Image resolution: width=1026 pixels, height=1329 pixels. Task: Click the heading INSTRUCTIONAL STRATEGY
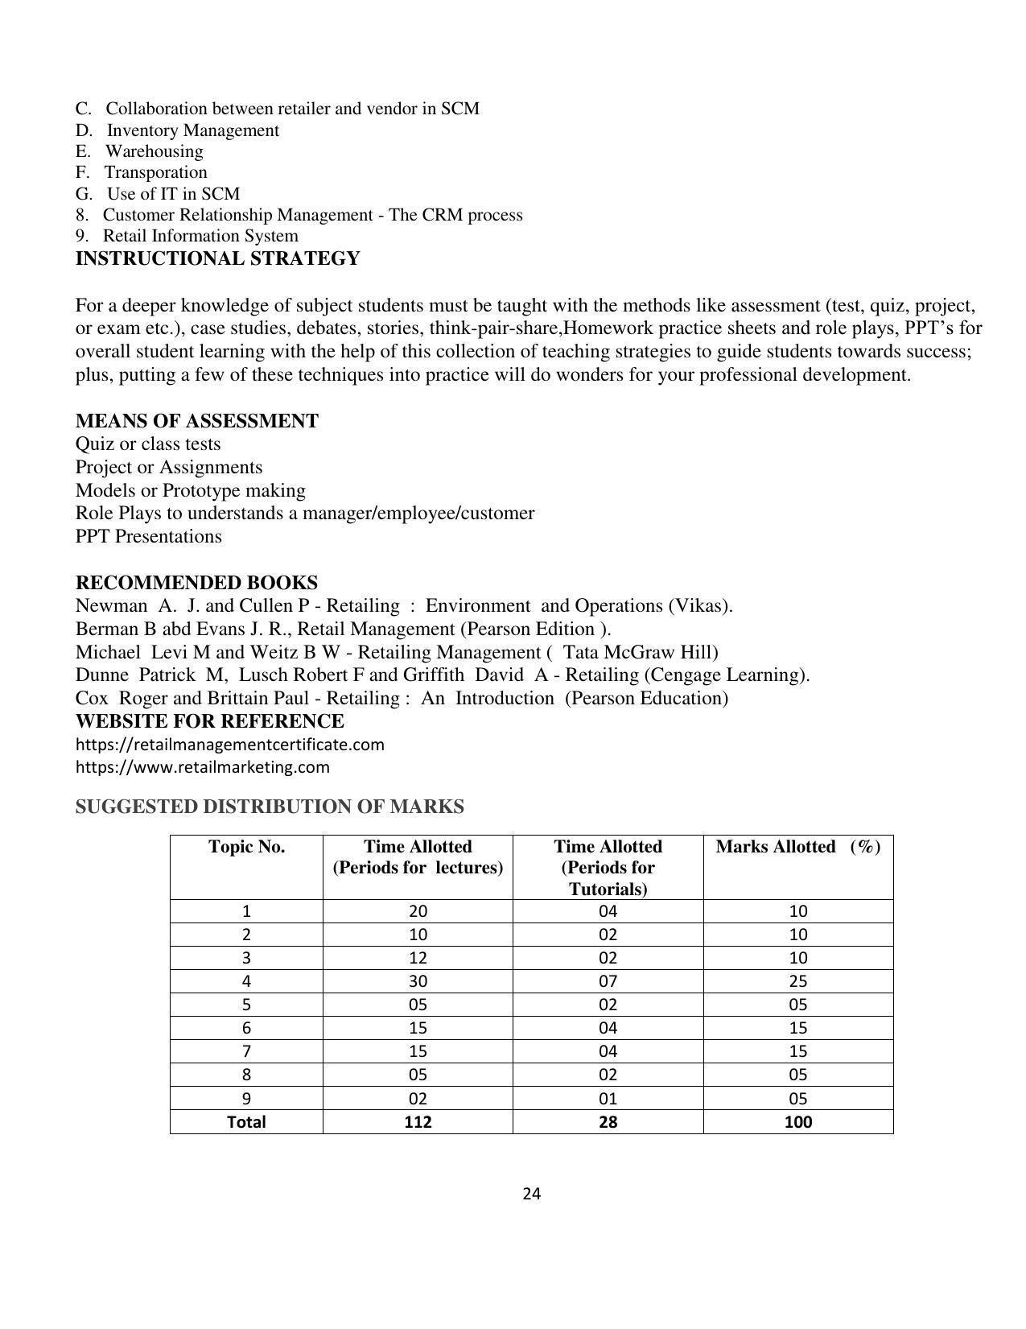[217, 259]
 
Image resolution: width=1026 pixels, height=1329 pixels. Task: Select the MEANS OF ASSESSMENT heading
[197, 422]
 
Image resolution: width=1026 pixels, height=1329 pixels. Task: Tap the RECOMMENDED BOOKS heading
[196, 583]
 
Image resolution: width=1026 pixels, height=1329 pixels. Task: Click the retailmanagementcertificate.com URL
[230, 745]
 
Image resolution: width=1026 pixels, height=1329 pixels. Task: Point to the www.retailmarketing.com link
[203, 767]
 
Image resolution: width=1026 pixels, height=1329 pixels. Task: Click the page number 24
[531, 1194]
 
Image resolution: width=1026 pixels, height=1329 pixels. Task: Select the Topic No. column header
[246, 847]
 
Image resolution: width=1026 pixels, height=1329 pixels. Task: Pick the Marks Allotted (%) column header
[797, 847]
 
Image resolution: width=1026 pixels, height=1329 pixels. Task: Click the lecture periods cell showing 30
[418, 981]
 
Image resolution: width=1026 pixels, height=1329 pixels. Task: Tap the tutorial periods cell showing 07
[608, 981]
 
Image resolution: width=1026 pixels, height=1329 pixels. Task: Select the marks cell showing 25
[797, 981]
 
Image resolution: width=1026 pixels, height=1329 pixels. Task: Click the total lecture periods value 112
[418, 1122]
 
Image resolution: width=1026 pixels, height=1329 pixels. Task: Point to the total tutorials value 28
[608, 1122]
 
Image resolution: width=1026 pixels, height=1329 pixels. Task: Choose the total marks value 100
[797, 1122]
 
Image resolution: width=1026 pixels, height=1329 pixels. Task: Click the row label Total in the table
[246, 1122]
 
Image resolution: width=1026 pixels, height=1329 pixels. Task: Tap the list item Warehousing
[154, 151]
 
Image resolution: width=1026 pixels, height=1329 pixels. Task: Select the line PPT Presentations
[149, 537]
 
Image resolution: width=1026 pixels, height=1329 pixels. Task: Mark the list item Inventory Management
[193, 130]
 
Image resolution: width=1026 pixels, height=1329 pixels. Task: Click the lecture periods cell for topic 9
[418, 1099]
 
